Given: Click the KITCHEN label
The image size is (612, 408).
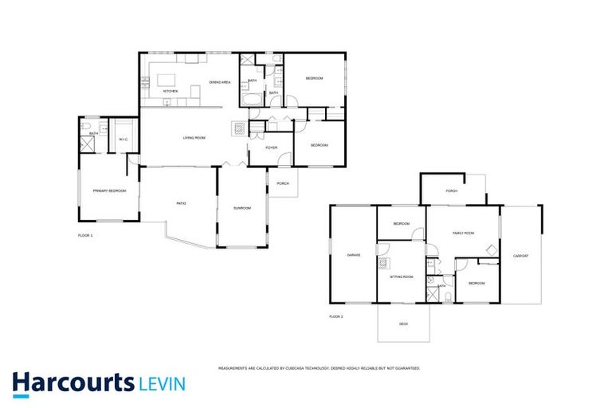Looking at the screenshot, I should [171, 92].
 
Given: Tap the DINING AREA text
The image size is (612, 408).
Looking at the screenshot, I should [220, 83].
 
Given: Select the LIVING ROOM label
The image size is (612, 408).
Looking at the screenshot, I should [194, 139].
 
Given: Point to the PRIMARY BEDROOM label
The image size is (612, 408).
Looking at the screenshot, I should [110, 191].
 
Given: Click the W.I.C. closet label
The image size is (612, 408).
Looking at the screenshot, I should [124, 140].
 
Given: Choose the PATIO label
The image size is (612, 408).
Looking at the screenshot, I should [181, 204].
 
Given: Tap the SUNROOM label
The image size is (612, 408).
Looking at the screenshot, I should [241, 208].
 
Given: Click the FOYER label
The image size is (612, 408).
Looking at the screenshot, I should [271, 147].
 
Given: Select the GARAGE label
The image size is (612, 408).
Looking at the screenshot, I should [354, 255].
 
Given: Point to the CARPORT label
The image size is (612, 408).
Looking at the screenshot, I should [521, 256].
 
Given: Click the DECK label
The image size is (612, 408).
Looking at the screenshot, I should [403, 324].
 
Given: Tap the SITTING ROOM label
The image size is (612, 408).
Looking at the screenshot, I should [402, 277].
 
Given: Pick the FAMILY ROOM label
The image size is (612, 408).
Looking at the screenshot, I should [463, 233].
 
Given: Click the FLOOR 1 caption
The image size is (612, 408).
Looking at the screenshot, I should [85, 236].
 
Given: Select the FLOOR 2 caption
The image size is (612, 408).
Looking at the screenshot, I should [335, 316].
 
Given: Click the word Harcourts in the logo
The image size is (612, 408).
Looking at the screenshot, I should [73, 382].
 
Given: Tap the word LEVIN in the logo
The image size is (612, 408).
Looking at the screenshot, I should [162, 384].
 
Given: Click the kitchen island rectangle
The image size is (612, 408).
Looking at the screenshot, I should [167, 80].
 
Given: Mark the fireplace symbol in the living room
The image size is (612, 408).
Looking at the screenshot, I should [238, 126].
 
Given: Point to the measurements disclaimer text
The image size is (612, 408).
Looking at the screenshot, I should [319, 368].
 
